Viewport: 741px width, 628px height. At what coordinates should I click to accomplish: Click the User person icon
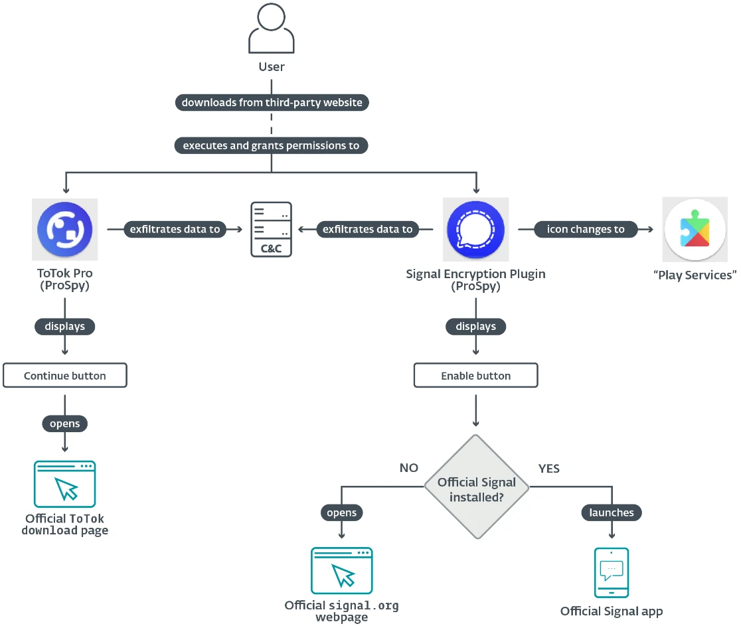271,29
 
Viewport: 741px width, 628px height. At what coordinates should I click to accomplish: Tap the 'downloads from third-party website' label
272,103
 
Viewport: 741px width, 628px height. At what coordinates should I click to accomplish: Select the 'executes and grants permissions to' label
271,145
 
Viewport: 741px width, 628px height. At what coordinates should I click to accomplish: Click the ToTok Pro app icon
65,230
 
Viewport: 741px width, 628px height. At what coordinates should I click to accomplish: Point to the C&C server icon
271,230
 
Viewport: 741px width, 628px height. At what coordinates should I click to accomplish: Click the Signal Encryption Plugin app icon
475,230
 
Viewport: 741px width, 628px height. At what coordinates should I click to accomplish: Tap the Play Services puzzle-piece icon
695,230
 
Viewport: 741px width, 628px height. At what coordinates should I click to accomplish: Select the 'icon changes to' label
586,229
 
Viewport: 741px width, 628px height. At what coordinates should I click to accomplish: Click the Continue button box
65,376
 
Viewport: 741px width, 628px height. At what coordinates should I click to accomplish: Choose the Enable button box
475,376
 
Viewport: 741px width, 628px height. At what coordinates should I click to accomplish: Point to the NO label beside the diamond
409,468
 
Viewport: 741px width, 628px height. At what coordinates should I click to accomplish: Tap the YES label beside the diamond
549,469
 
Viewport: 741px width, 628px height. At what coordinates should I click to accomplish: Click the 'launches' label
612,512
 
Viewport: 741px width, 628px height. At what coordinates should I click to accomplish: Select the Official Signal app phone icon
612,572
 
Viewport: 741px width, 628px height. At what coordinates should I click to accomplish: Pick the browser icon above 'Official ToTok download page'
65,485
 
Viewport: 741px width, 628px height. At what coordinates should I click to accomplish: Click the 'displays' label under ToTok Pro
65,327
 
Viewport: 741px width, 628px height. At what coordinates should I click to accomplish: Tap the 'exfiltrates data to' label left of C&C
175,229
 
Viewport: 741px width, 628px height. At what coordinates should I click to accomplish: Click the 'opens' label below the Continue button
65,424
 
